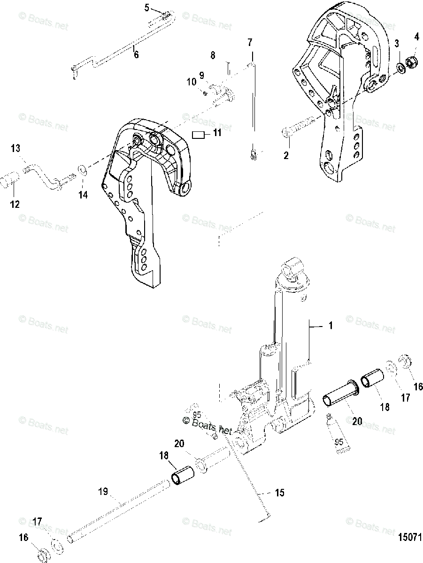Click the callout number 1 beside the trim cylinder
[x=331, y=325]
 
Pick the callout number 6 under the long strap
[x=136, y=54]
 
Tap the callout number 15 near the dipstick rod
[x=280, y=493]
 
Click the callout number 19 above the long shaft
[x=103, y=492]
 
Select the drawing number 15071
[x=406, y=536]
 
